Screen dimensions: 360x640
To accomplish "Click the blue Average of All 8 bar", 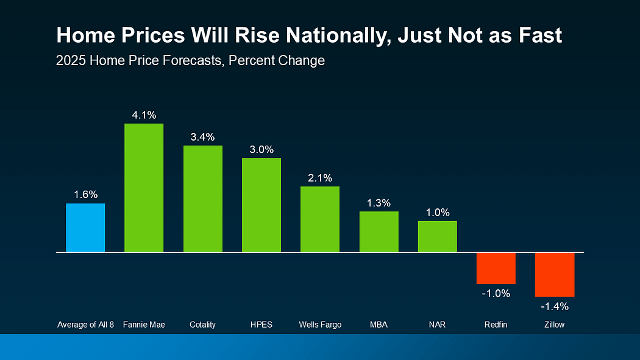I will pos(85,227).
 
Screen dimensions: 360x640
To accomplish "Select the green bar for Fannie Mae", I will pos(144,188).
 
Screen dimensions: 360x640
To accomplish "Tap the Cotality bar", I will pos(202,199).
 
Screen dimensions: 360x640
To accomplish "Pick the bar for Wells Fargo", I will pos(320,219).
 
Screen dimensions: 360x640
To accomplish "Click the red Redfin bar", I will pos(496,268).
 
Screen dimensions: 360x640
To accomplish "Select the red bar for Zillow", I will pos(555,274).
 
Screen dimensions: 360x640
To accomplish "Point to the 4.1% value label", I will pos(144,115).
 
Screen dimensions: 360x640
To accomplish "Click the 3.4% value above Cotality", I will pos(202,137).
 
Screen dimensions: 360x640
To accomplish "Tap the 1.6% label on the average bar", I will pos(85,195).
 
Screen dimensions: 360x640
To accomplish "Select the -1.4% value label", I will pos(555,306).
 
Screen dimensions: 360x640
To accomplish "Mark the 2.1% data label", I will pos(320,178).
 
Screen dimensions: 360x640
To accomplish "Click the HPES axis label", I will pos(261,325).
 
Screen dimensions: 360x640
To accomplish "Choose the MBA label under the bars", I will pos(379,325).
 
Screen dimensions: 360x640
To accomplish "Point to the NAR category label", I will pos(437,325).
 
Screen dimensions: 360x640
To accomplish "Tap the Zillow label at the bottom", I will pos(555,325).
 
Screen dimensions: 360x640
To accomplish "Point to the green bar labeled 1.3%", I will pos(379,231).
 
